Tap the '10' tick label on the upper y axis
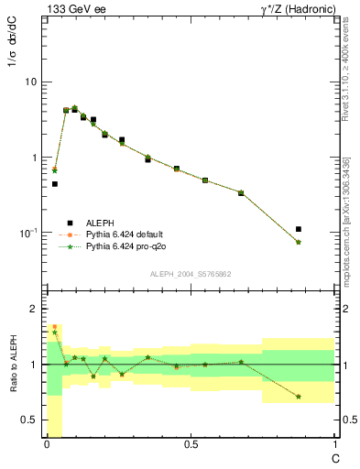[x=30, y=82]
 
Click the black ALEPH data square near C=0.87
[x=299, y=229]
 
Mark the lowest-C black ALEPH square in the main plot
[x=55, y=184]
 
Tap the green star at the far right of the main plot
[x=299, y=242]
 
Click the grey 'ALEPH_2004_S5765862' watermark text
[x=190, y=274]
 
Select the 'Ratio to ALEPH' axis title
[x=14, y=364]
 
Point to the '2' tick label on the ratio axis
[x=32, y=309]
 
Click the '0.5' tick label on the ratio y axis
[x=27, y=420]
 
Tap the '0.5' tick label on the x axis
[x=190, y=443]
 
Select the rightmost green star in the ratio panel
[x=299, y=397]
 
